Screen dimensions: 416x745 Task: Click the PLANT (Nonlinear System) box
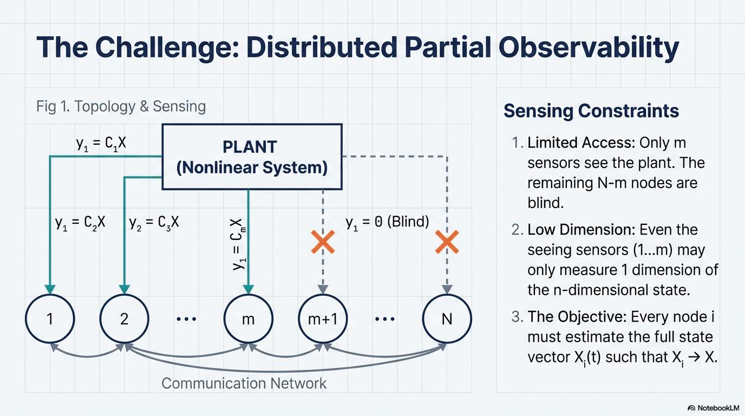pos(252,157)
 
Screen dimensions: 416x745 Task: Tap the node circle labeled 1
pos(49,318)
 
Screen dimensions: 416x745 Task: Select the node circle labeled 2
pos(124,318)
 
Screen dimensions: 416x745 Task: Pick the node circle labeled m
pos(248,318)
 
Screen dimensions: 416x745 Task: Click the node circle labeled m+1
pos(323,318)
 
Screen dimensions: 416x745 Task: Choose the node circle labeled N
pos(447,318)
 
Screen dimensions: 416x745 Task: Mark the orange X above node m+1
pos(323,242)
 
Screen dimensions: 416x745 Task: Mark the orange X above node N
pos(447,242)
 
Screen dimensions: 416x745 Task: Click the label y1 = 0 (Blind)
pos(387,221)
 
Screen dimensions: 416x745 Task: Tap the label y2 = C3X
pos(154,222)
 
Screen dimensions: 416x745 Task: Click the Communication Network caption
pos(244,383)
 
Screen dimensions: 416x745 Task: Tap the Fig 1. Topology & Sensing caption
pos(121,106)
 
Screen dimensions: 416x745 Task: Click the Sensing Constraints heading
pos(591,110)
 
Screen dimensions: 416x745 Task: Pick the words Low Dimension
pos(581,230)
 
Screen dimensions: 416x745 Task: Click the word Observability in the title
pos(588,48)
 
